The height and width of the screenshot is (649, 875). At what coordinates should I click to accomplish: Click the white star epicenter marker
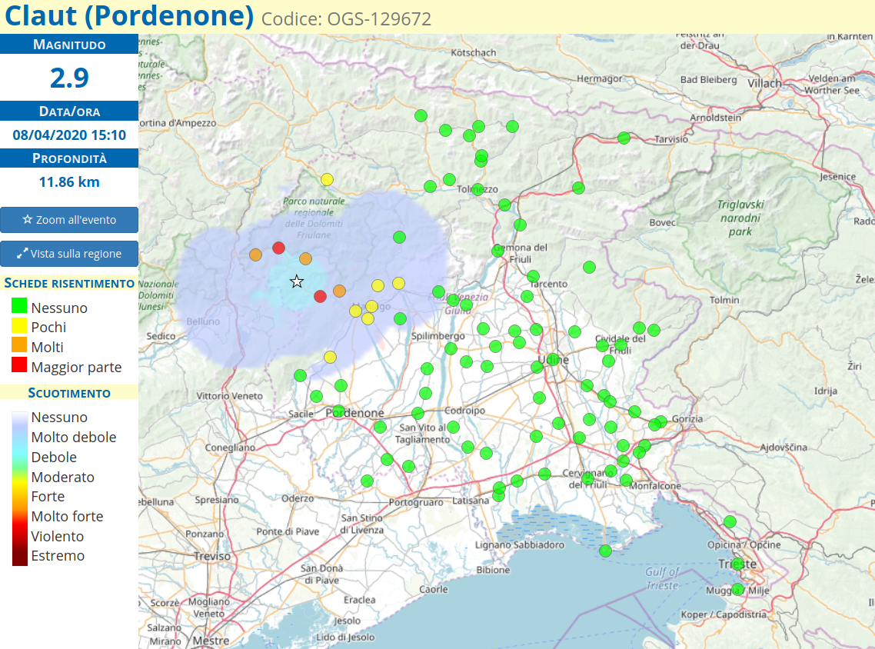(x=297, y=282)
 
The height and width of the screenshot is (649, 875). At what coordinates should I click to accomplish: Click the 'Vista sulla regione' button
(x=69, y=254)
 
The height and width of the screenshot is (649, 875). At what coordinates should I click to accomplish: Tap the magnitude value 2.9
(x=69, y=78)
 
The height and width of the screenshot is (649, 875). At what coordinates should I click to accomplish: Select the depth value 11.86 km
(x=69, y=182)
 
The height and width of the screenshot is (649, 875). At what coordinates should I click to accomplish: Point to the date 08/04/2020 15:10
(x=69, y=135)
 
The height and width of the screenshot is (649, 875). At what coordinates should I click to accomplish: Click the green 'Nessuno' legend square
(x=19, y=307)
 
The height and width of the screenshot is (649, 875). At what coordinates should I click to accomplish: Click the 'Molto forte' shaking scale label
(x=67, y=517)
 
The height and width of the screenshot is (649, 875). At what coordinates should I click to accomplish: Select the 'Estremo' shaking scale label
(x=58, y=556)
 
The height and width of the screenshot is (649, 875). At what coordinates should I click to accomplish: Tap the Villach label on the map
(x=764, y=84)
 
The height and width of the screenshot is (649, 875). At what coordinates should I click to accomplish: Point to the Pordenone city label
(x=355, y=414)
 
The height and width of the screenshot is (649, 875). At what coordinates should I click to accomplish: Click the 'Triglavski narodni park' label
(x=740, y=218)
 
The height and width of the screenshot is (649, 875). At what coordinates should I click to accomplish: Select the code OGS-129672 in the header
(x=346, y=18)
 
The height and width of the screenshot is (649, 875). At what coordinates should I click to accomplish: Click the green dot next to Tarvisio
(x=624, y=138)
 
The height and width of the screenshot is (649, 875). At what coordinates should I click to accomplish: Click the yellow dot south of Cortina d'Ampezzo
(x=327, y=179)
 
